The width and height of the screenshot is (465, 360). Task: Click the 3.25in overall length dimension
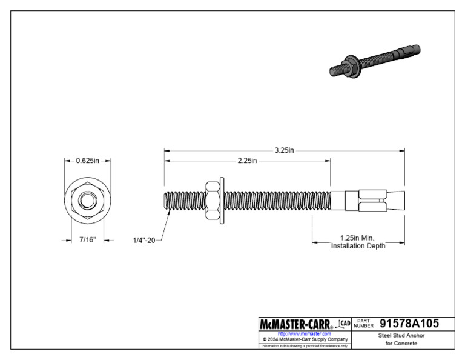(283, 150)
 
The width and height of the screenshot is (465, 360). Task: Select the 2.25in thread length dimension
(245, 161)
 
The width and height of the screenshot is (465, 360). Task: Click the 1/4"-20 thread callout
(144, 241)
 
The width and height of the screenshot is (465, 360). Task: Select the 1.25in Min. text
(357, 238)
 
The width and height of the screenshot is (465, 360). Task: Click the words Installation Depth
(357, 246)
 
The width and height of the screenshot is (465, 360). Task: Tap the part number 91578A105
(409, 324)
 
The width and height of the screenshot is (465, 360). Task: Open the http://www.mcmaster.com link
(304, 333)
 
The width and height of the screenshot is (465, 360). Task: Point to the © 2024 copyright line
(304, 339)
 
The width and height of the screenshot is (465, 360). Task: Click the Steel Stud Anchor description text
(401, 335)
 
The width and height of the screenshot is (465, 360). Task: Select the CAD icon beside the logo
(344, 324)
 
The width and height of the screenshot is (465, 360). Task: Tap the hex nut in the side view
(212, 199)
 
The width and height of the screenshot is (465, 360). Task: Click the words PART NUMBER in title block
(363, 324)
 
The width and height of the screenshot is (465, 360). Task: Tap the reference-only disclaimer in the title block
(304, 346)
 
